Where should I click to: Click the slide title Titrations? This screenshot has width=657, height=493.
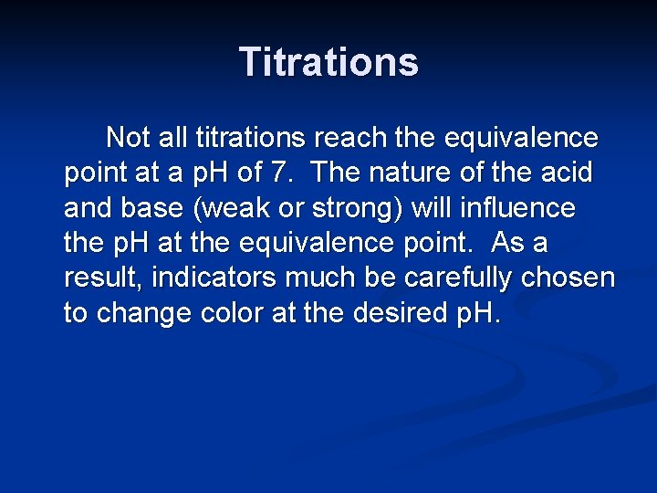coord(328,62)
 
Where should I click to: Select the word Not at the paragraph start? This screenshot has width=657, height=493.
coord(127,138)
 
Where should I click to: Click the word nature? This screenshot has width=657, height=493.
coord(412,173)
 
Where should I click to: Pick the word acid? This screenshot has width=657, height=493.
coord(566,173)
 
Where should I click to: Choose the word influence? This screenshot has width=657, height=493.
coord(519,208)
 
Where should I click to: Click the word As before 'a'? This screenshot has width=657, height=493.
coord(506,243)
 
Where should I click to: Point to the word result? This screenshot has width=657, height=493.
coord(94,278)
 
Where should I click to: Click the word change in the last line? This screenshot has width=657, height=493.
coord(139,313)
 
